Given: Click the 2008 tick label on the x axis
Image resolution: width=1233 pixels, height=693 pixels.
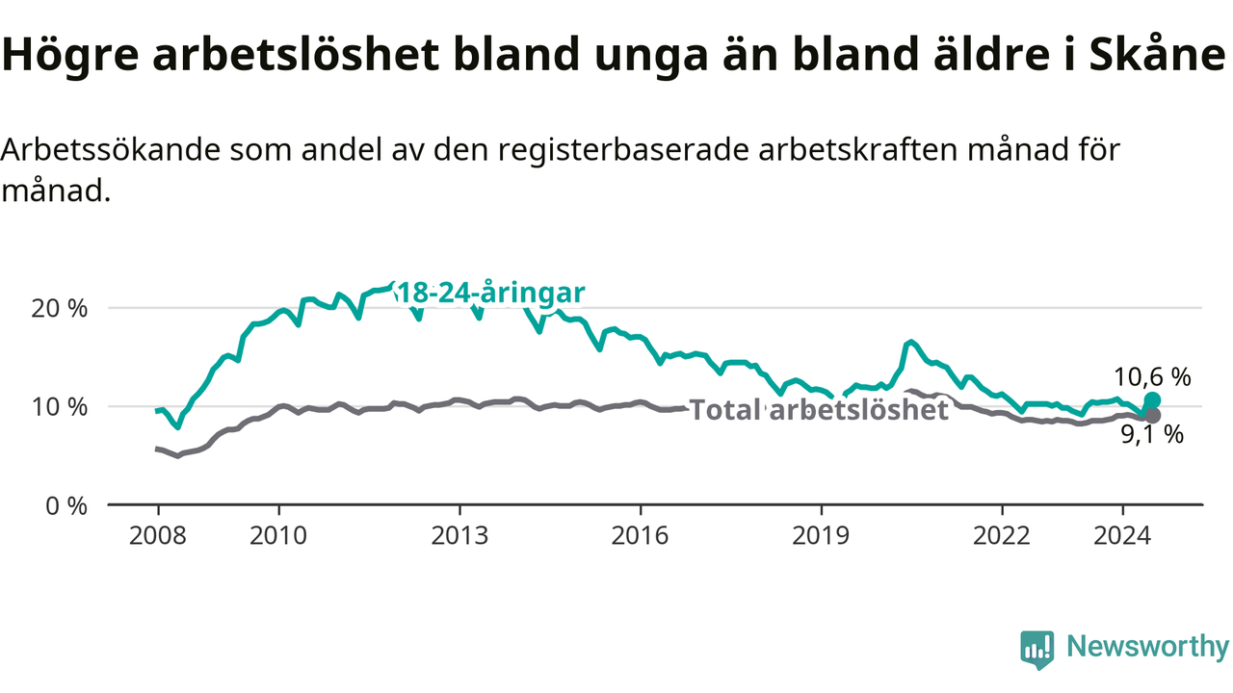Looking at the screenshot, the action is pos(157,535).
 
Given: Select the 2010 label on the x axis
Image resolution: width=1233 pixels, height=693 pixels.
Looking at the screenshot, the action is pos(278,535).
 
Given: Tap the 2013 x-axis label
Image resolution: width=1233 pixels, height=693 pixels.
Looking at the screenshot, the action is pos(459,535).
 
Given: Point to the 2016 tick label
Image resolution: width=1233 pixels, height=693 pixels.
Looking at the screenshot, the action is pos(640,535).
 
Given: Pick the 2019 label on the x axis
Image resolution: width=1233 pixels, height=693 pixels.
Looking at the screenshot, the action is pos(821,535).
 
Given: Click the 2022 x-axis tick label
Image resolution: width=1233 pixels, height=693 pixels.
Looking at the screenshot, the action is pos(1001,535).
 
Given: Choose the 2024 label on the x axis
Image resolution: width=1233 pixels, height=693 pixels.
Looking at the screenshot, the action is pos(1122,535).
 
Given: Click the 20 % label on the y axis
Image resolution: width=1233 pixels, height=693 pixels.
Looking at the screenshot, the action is pos(60,309).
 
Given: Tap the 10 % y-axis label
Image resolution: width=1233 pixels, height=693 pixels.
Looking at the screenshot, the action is pos(60,407).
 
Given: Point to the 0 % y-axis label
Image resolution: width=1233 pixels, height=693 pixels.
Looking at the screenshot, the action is pos(66,506).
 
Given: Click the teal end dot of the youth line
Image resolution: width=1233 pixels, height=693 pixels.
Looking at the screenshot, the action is pos(1152,400).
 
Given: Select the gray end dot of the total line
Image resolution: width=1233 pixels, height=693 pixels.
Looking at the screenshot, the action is pos(1152,415).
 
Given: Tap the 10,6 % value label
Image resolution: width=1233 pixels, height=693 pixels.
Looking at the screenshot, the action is pos(1152,377).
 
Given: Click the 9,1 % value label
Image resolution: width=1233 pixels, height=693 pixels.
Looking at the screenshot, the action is pos(1152,434).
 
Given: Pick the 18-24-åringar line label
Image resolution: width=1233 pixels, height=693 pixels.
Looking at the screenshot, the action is pos(490,293).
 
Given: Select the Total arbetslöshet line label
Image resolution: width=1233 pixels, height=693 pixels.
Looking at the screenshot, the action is pos(819,410).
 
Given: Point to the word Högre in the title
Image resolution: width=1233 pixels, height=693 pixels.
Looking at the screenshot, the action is pos(70,56).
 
